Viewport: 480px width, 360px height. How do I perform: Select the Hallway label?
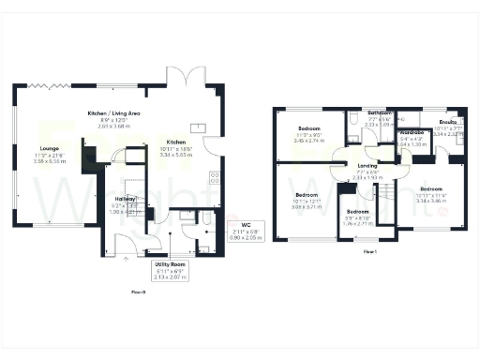(x=125, y=200)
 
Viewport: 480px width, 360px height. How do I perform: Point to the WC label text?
(x=246, y=225)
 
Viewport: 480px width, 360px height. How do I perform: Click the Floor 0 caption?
(x=140, y=292)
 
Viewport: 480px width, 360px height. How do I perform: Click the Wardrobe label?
(x=412, y=133)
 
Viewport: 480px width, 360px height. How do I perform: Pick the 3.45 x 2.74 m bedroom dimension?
(x=309, y=140)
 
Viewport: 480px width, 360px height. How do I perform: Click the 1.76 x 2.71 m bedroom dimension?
(x=358, y=224)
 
